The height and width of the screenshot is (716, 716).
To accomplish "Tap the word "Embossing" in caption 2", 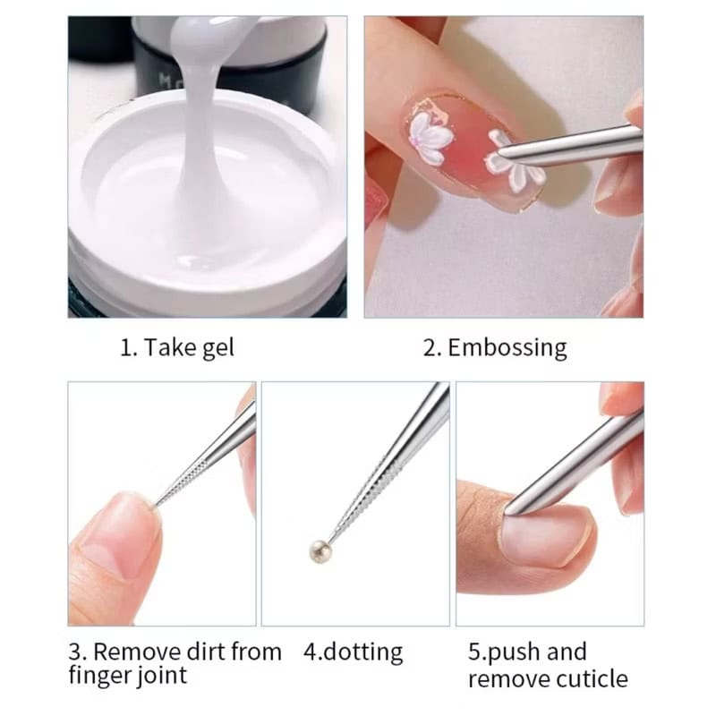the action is coord(507,349).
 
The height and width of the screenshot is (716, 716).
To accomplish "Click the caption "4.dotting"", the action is coord(353,652).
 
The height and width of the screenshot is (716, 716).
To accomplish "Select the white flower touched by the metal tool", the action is coord(514,164).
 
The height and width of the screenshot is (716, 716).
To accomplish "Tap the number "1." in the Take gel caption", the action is coord(128,348).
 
